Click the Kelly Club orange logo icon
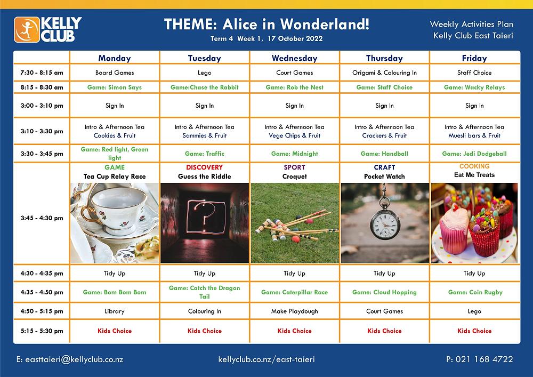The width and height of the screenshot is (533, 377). click(27, 30)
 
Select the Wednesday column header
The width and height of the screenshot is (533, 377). click(294, 58)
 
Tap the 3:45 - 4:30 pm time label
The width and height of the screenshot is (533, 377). click(42, 218)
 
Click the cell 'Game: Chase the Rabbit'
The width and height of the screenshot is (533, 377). click(205, 87)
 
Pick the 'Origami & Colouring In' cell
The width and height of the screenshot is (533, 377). click(384, 73)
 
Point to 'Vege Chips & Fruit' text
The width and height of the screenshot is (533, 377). click(294, 135)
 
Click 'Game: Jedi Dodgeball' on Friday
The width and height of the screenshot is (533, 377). click(474, 154)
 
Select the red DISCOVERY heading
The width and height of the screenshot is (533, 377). click(204, 167)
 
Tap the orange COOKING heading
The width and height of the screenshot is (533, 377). click(474, 166)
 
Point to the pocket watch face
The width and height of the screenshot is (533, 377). click(385, 225)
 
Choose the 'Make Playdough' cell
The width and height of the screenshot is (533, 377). click(294, 311)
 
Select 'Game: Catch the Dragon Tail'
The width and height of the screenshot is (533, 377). click(205, 292)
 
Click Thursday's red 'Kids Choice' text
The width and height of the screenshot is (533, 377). click(384, 331)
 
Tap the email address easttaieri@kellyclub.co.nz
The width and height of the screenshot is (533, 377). click(70, 359)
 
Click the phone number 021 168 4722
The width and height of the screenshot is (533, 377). click(480, 359)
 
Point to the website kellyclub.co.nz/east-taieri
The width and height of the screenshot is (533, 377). click(266, 359)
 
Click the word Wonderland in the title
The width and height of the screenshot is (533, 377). click(325, 24)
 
